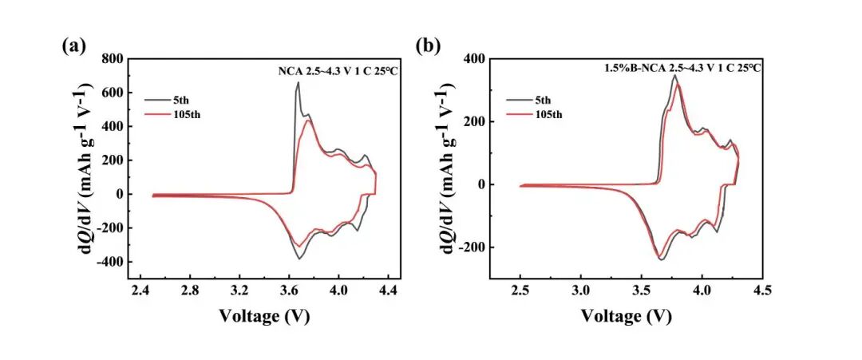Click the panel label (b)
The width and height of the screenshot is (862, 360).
429,46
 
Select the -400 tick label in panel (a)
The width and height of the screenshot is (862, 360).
109,262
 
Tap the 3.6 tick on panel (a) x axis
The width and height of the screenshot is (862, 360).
290,293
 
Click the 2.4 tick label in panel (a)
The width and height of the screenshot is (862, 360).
140,293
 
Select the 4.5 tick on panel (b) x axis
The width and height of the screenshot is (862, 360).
762,293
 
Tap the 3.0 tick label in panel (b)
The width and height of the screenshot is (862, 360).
581,293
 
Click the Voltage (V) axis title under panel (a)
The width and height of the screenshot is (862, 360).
264,315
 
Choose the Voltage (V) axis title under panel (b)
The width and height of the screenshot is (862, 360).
627,315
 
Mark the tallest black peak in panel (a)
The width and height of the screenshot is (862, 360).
299,82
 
